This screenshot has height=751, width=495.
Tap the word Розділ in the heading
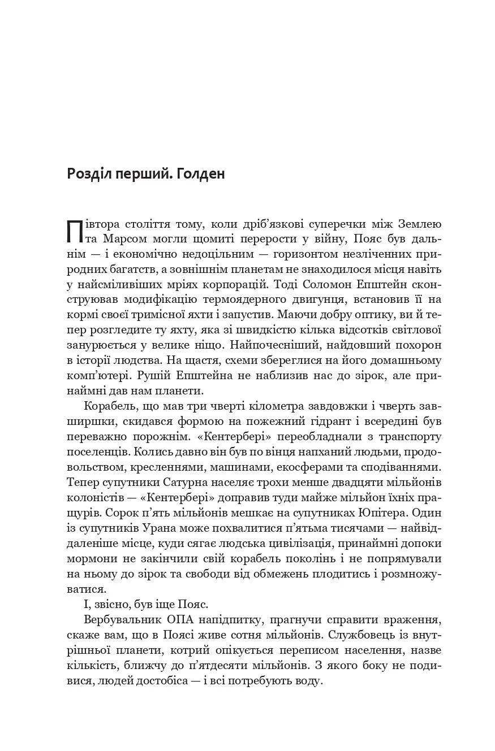tap(86, 174)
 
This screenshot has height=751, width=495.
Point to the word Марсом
tap(124, 239)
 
